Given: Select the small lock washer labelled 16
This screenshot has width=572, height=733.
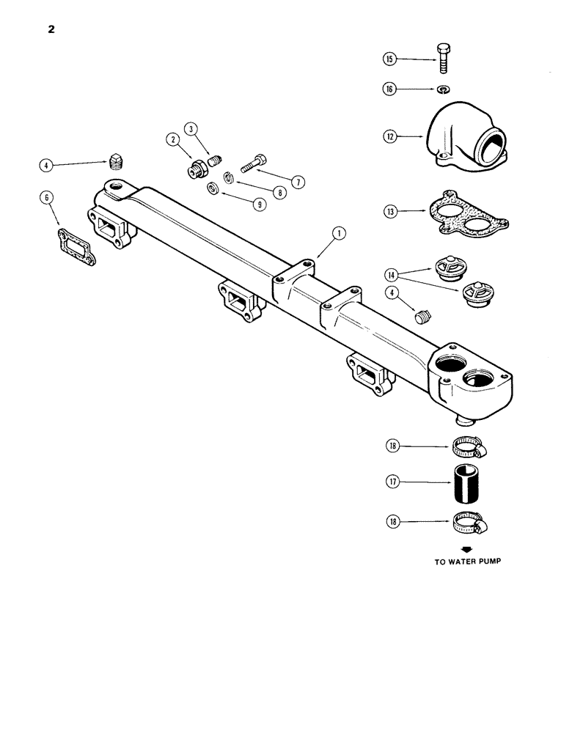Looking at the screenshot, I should coord(444,89).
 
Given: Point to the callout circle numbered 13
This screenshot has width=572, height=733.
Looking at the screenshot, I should coord(389,212).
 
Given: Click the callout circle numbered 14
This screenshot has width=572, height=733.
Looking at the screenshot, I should coord(389,275).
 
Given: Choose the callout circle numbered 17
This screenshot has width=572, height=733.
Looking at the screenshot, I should coord(389,482).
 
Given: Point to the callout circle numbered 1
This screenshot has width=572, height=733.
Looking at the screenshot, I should coord(338,235).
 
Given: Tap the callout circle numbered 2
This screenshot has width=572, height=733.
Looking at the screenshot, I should coord(174,139).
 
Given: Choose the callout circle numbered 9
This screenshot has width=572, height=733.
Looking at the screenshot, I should coord(259,206).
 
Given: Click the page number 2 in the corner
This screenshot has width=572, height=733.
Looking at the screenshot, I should coord(50,30).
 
